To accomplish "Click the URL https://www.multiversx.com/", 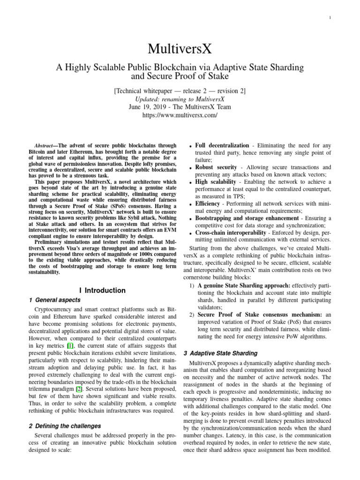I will pos(180,115).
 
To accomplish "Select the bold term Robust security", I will pos(216,167).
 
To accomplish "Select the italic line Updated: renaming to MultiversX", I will pos(180,99).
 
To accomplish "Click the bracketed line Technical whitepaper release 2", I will pos(180,90).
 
